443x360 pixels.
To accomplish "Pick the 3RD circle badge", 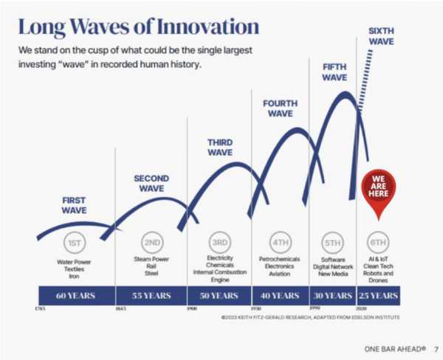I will [x=219, y=243].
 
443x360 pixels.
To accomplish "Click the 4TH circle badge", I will [x=280, y=243].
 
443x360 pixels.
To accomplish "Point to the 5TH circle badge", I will [x=333, y=243].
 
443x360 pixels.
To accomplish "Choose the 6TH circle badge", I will [x=378, y=243].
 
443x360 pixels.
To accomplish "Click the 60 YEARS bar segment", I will [x=75, y=296].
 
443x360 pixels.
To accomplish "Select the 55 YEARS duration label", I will [x=151, y=296].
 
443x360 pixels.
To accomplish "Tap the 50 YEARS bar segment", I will [x=220, y=296].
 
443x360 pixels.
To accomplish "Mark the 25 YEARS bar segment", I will [x=379, y=296].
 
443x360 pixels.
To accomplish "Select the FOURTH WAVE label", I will [x=281, y=108].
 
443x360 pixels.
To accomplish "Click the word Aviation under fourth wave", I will [x=280, y=274].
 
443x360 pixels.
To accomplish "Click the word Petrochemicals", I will [x=280, y=260].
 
